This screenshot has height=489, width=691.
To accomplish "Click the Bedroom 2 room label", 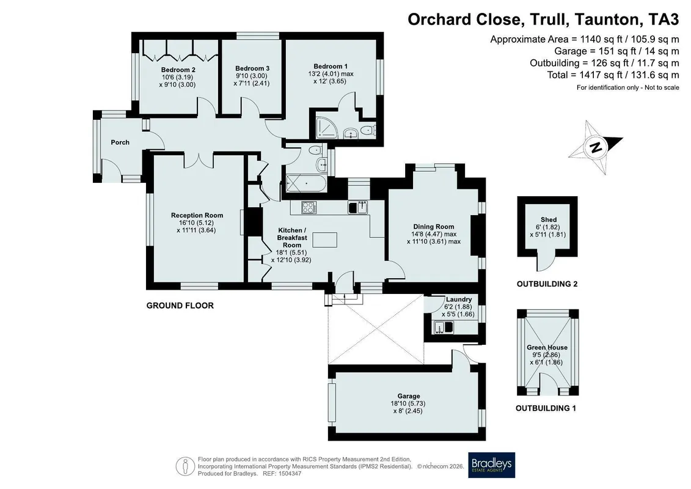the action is [x=178, y=70].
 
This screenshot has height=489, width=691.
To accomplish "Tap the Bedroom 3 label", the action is [x=252, y=68].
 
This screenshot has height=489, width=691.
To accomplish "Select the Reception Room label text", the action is [x=197, y=215].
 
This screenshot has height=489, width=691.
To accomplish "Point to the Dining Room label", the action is [x=434, y=227].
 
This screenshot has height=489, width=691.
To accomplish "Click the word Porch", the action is [x=120, y=142].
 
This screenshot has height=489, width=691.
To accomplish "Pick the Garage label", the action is [x=409, y=396].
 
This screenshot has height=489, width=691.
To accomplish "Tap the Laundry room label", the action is [x=459, y=300].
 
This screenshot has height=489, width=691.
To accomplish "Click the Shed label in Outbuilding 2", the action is [x=549, y=219].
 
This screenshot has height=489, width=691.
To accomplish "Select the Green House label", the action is [x=547, y=347].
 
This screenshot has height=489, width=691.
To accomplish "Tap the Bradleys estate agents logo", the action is [x=491, y=465].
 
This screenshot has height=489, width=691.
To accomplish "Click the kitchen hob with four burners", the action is [x=309, y=207].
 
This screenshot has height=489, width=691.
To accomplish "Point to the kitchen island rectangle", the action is [x=325, y=240].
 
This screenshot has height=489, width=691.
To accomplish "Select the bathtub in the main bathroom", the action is [x=306, y=184].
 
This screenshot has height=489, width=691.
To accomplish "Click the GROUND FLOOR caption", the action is [x=180, y=306].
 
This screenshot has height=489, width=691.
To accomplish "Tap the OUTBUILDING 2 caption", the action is [x=547, y=284].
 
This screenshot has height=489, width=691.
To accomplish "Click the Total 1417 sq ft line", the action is [x=613, y=75].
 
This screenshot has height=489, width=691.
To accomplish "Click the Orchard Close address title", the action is [x=543, y=20].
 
